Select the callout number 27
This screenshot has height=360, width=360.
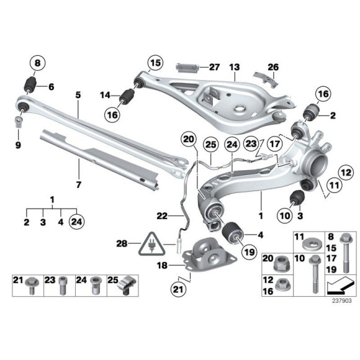[214, 66]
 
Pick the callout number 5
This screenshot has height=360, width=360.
[78, 95]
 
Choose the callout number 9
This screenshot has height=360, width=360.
[18, 145]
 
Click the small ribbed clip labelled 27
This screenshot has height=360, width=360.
[189, 67]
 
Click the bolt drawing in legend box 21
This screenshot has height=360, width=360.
[32, 285]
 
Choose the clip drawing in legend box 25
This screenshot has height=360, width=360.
[126, 285]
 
